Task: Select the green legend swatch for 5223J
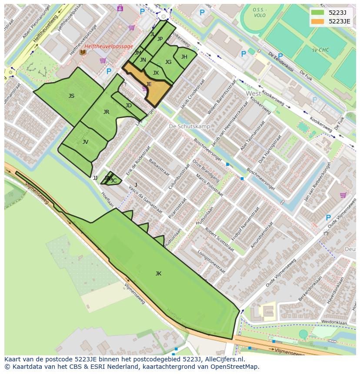click(x=318, y=13)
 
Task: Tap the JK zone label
click(x=158, y=274)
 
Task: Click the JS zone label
click(x=71, y=96)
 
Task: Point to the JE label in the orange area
click(x=149, y=84)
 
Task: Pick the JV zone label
click(x=85, y=142)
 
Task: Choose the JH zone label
click(x=184, y=57)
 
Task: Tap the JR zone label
click(x=106, y=112)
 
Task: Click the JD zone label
click(x=128, y=106)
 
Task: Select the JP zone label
click(x=160, y=39)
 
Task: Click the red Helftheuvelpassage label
click(x=109, y=46)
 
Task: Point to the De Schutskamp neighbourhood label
click(x=189, y=126)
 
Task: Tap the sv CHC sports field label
click(x=320, y=50)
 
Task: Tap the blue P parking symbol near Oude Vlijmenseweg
click(x=328, y=218)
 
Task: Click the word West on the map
click(x=253, y=93)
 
